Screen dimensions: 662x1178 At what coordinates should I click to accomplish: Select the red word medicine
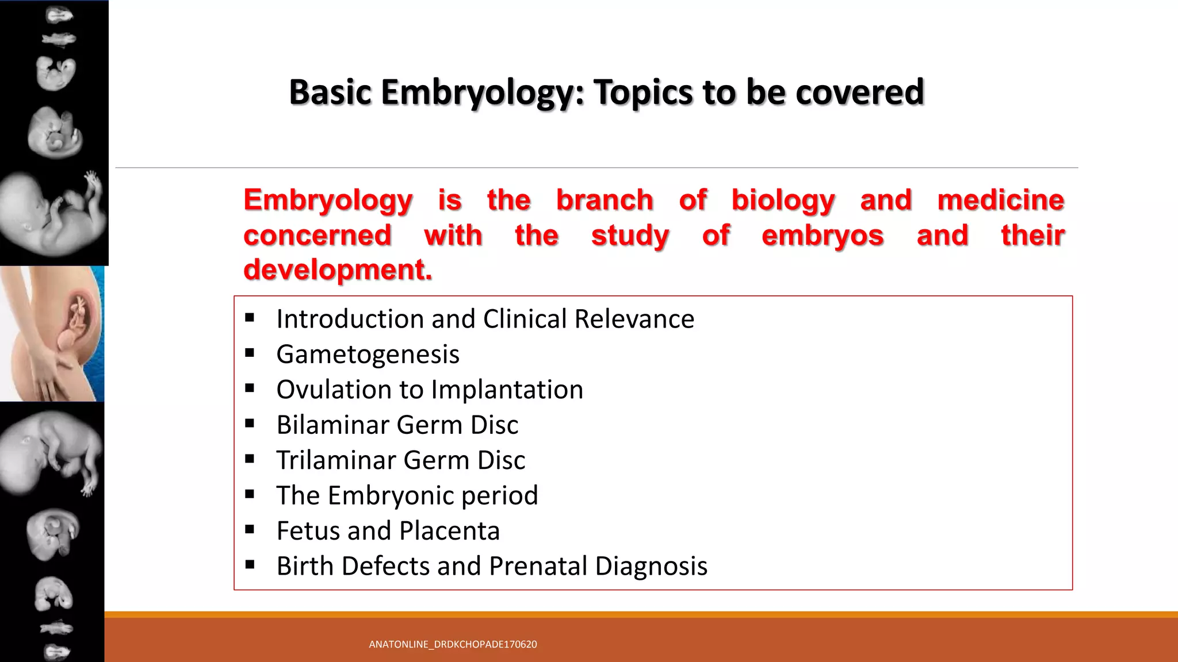(x=1000, y=200)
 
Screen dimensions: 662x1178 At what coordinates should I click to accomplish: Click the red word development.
(x=337, y=270)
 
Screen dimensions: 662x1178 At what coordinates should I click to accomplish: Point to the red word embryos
(x=822, y=236)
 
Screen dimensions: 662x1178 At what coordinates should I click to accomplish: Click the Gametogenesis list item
(x=368, y=354)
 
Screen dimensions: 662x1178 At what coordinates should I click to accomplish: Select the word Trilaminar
(x=336, y=460)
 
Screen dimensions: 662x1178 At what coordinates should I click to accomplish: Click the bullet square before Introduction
(x=250, y=318)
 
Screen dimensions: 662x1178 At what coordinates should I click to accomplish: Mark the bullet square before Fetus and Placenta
(x=250, y=530)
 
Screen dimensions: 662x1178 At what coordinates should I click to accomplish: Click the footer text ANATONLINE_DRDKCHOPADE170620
(x=453, y=644)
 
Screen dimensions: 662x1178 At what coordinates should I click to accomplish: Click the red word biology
(x=783, y=200)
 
